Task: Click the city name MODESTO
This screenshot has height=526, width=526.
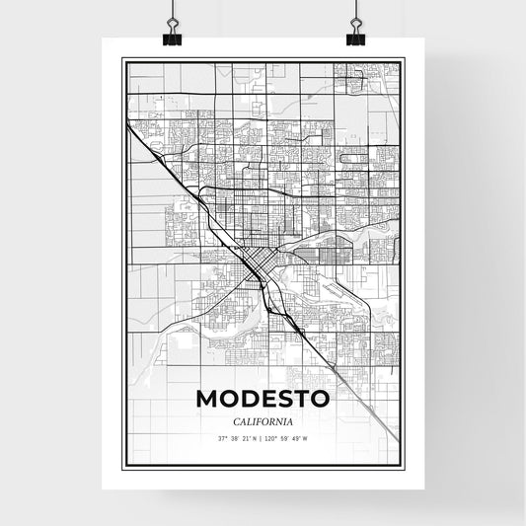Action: tap(263, 399)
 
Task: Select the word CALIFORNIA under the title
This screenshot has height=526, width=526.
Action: tap(263, 419)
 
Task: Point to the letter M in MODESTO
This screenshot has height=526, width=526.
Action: tap(210, 399)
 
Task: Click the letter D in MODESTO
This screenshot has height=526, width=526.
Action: tap(253, 399)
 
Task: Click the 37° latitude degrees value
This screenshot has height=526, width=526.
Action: tap(223, 438)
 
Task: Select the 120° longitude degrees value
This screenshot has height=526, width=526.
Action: tap(273, 438)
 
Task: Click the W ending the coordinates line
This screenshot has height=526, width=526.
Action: tap(307, 438)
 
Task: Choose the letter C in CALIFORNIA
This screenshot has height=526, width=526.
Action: tap(230, 419)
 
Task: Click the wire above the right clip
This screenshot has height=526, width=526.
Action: tap(355, 11)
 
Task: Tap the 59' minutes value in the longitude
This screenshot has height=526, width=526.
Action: tap(285, 438)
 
